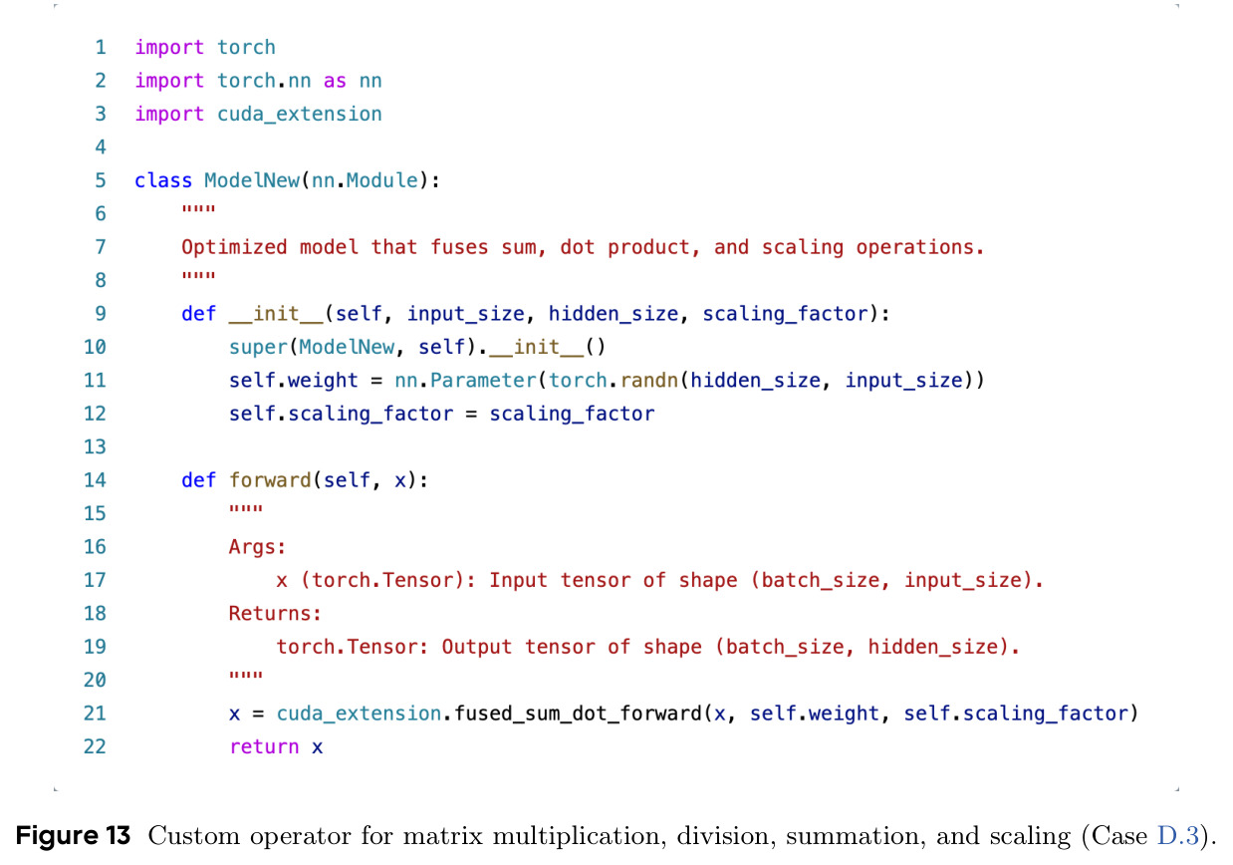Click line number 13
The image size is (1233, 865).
(x=95, y=446)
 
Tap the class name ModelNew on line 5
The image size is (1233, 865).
(x=252, y=180)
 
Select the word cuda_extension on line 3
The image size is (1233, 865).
(x=299, y=114)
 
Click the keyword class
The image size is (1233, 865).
(x=163, y=180)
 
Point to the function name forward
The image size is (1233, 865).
(x=270, y=479)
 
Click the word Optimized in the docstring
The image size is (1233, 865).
(x=234, y=247)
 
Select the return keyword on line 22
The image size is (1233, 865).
(x=264, y=746)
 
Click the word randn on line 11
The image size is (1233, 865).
(x=649, y=380)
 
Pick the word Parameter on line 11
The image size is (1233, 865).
(x=483, y=380)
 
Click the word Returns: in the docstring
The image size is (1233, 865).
(x=275, y=613)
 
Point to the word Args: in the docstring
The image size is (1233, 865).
(x=257, y=547)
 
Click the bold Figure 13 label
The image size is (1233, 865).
(x=73, y=835)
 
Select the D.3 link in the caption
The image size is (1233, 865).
(x=1178, y=835)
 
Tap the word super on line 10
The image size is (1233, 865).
(x=258, y=348)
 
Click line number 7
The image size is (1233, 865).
(x=101, y=247)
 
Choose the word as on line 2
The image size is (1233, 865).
(x=335, y=81)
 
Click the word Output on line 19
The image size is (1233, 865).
(x=477, y=647)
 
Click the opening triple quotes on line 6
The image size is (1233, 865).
(x=199, y=210)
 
